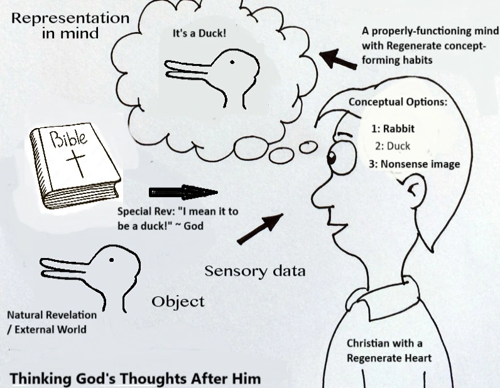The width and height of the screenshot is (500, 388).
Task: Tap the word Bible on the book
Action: [x=68, y=138]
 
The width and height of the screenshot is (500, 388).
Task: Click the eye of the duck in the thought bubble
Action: [x=232, y=63]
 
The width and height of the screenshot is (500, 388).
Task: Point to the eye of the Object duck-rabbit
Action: [x=111, y=260]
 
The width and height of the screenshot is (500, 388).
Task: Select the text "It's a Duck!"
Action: [x=199, y=33]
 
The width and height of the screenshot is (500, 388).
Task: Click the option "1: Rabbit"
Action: [x=393, y=129]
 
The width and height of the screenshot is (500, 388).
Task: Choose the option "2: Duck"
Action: [x=393, y=146]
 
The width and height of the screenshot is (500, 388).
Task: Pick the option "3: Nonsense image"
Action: [x=415, y=164]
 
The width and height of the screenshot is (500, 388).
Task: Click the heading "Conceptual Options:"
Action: [x=398, y=102]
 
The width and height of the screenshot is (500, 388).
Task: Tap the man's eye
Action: [x=332, y=158]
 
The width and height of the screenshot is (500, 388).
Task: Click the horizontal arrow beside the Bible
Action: [x=183, y=193]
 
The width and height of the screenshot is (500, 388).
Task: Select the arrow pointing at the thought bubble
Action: [x=338, y=58]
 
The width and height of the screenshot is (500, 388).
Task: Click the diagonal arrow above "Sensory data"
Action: [x=260, y=229]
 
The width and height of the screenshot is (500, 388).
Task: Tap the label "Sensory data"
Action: [x=255, y=271]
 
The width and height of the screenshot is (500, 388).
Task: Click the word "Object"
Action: [x=178, y=301]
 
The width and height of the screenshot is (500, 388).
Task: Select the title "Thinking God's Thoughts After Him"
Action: [x=136, y=379]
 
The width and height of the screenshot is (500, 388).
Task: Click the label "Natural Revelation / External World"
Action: [x=52, y=322]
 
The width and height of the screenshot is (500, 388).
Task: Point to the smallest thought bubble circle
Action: [x=308, y=147]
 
